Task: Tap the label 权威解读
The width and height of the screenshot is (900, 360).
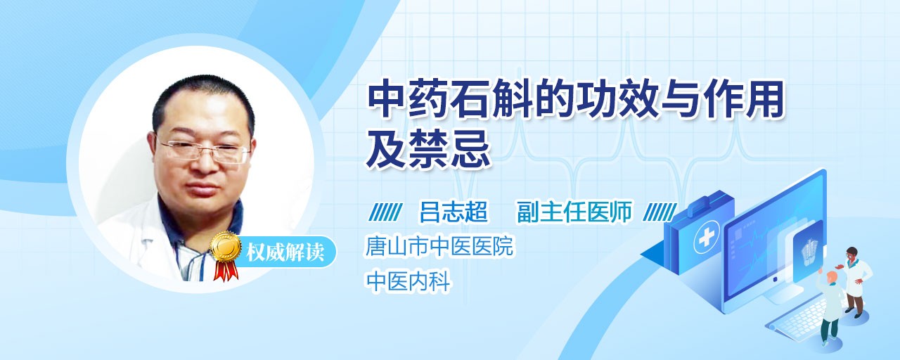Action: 285,252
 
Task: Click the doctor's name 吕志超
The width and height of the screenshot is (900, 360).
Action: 453,212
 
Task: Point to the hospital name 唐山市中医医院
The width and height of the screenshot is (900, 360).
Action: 439,246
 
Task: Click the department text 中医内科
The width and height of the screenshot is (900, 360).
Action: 408,281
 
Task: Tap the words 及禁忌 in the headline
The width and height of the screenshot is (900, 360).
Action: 428,150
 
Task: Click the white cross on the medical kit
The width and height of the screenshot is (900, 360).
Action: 706,238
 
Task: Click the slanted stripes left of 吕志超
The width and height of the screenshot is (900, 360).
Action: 385,212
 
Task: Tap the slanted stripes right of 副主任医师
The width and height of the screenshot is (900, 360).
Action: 660,212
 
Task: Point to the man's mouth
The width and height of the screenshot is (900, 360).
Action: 206,188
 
